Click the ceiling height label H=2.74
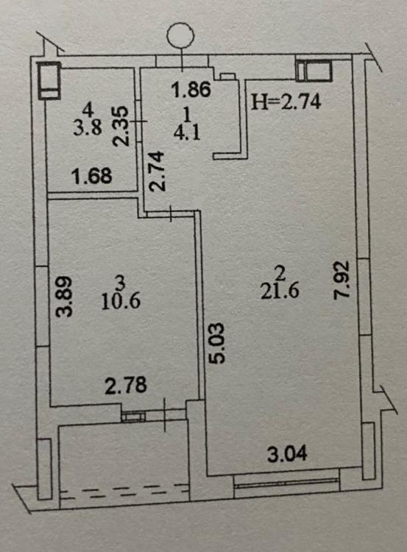[x=286, y=102]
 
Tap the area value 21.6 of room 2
[x=280, y=291]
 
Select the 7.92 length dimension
[x=341, y=280]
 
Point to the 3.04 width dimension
[x=287, y=454]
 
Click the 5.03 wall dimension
[x=215, y=343]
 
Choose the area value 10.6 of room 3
[x=121, y=302]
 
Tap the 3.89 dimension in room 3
[x=65, y=297]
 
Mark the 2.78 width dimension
[x=126, y=385]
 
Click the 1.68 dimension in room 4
[x=91, y=176]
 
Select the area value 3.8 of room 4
[x=88, y=127]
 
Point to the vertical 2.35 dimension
[x=121, y=127]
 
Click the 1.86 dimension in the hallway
[x=191, y=89]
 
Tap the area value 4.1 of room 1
[x=187, y=133]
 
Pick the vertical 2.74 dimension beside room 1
[x=156, y=171]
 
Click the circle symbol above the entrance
[x=180, y=35]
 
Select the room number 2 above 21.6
[x=280, y=273]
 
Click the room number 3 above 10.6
[x=121, y=282]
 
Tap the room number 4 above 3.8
[x=88, y=110]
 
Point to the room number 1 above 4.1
[x=187, y=114]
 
